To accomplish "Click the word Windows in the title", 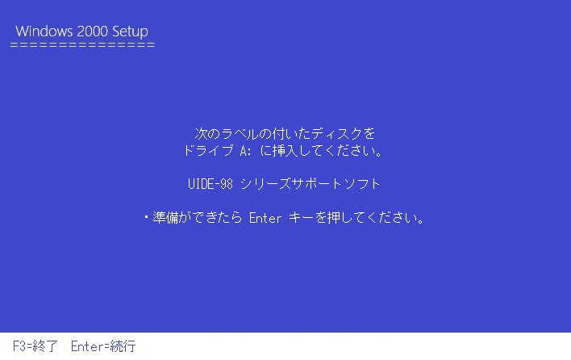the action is [44, 31].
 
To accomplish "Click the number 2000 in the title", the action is [93, 31].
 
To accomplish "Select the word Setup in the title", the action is [130, 32].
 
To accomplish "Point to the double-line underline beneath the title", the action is [82, 45].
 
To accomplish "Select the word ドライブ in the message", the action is [208, 150].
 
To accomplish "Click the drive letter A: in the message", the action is [246, 151].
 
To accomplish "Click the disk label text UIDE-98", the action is [210, 184].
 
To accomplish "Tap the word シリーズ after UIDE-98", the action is [265, 184].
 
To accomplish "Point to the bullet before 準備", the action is [146, 217].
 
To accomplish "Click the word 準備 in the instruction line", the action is [165, 217].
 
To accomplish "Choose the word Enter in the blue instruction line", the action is [265, 218].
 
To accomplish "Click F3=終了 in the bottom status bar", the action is [35, 346].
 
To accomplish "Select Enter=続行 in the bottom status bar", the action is [103, 346].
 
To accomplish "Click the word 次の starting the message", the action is [206, 134].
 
